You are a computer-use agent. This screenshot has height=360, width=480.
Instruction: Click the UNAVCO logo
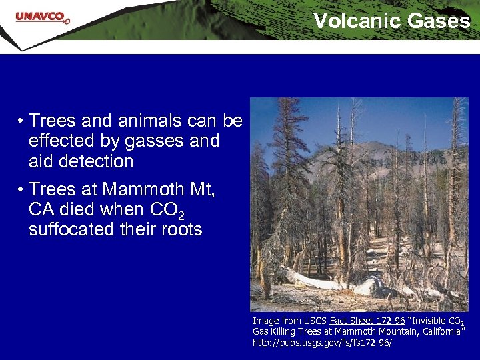pos(42,17)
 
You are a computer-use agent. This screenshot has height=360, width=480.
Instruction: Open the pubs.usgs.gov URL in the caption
pos(322,343)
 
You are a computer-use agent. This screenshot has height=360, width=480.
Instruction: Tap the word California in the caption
pos(437,331)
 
